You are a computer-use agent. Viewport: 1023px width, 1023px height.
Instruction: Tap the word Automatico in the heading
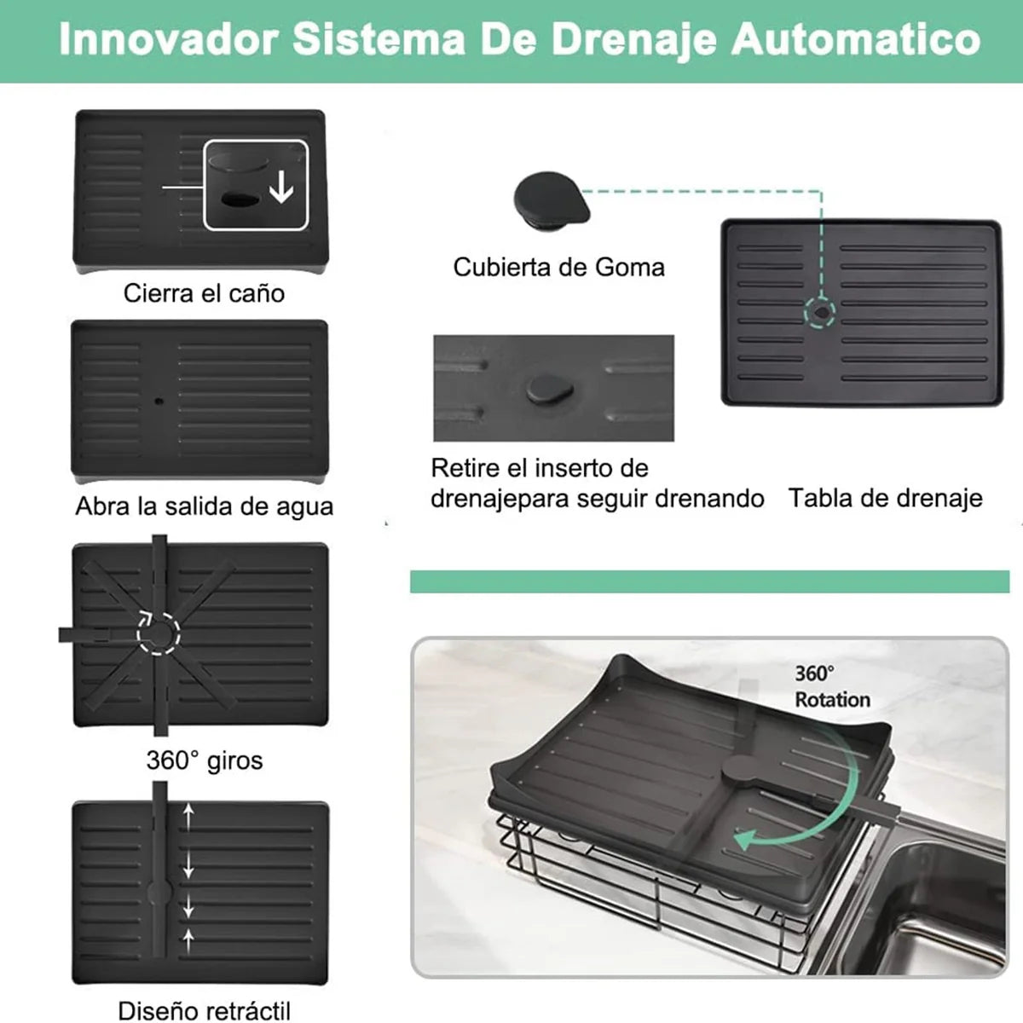point(856,40)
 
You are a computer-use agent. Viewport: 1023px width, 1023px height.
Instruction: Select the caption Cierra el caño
point(204,293)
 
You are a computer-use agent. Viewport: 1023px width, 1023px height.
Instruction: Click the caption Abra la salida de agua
point(204,506)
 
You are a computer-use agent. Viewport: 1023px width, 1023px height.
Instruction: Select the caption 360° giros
point(204,760)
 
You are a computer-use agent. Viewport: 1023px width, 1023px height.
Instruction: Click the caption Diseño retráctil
point(204,1010)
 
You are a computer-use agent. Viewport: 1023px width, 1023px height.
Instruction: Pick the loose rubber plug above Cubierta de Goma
point(550,199)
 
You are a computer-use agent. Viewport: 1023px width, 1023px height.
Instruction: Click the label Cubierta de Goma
point(558,267)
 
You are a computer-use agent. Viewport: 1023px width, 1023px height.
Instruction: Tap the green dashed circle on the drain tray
point(820,312)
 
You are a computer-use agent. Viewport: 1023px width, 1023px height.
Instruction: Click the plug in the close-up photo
point(549,388)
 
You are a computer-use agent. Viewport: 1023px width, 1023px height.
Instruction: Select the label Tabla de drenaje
point(885,498)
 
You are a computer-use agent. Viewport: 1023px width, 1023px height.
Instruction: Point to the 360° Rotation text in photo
point(832,686)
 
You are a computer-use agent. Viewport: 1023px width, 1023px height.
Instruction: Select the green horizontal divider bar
point(709,581)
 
